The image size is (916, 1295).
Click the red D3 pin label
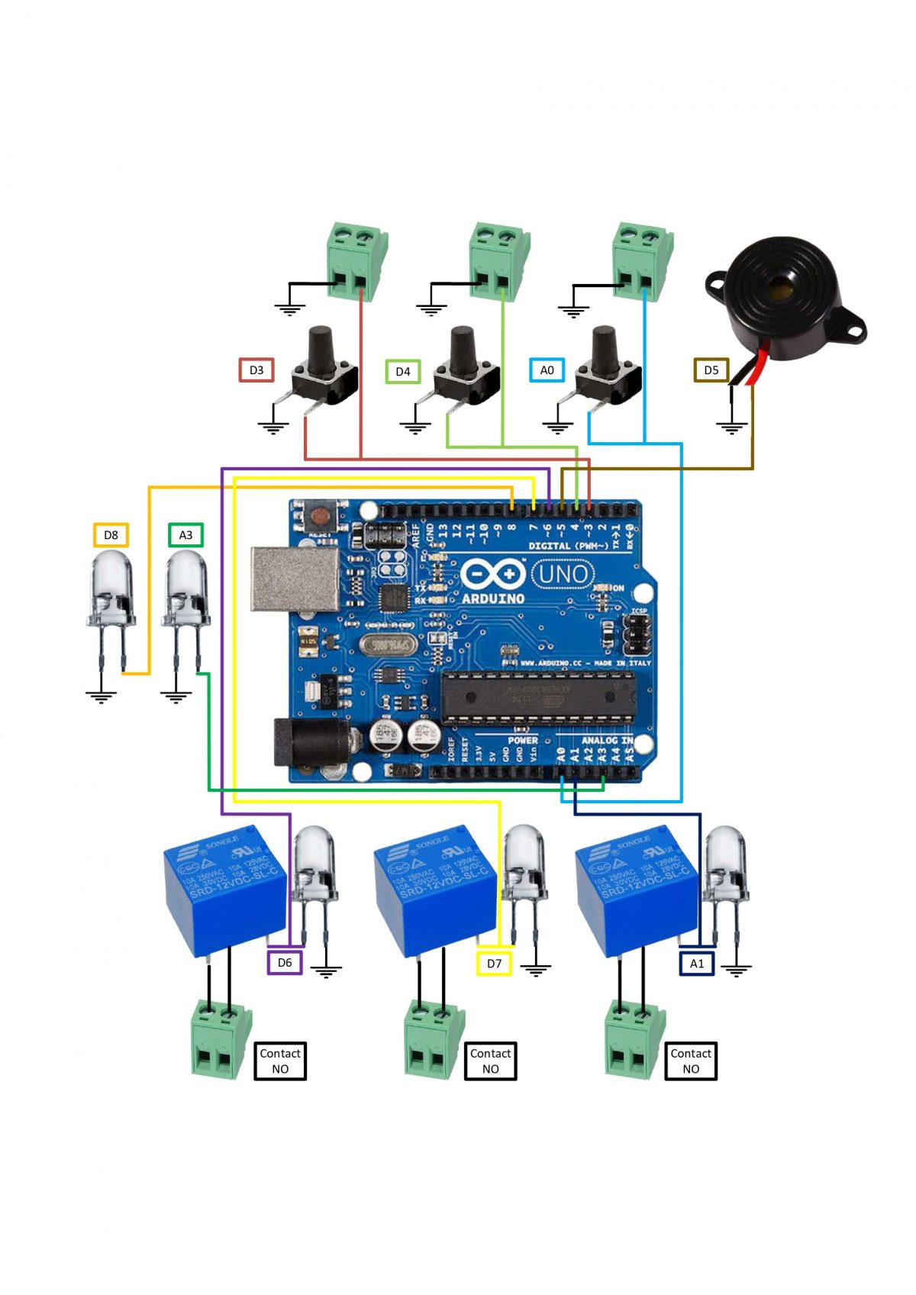256,370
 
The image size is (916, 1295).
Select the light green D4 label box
402,371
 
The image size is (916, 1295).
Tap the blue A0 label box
547,370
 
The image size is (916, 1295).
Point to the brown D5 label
711,370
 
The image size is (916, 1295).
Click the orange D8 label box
111,534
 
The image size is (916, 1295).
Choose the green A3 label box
185,534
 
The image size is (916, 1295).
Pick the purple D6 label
285,962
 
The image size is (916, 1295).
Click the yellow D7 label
494,963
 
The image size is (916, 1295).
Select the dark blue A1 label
696,963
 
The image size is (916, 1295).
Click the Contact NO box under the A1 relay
690,1061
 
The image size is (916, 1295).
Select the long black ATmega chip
538,696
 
